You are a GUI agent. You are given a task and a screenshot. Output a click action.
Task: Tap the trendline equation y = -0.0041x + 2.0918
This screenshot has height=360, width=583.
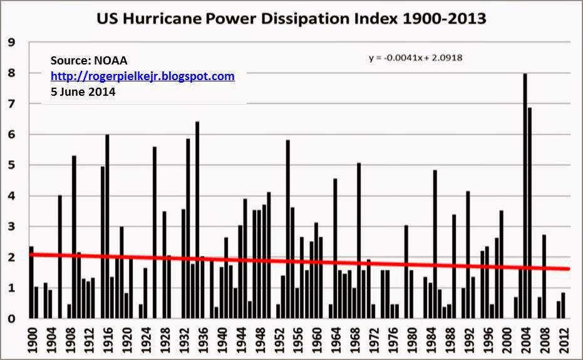pos(415,58)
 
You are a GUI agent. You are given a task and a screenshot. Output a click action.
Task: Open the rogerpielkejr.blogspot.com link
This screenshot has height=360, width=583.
pos(143,76)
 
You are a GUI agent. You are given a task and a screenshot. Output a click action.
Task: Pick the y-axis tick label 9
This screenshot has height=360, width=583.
pos(10,43)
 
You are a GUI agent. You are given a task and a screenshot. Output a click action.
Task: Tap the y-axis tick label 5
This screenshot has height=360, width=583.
pos(10,165)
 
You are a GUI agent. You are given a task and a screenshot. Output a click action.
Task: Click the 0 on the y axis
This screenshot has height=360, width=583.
pos(10,319)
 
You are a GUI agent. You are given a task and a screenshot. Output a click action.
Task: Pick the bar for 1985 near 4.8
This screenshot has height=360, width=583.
pos(435,245)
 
